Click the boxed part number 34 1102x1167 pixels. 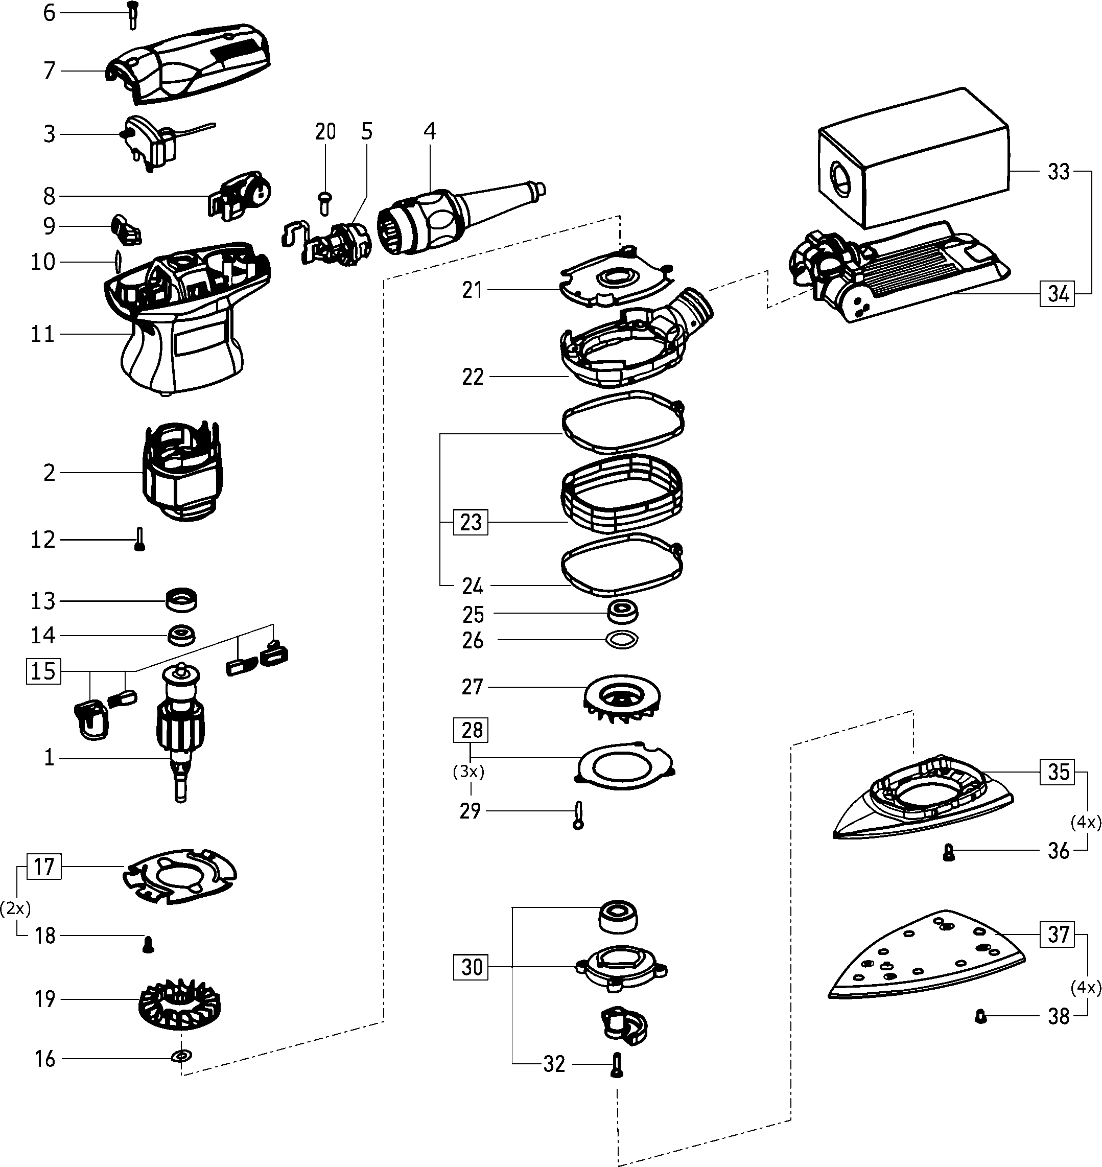click(x=1058, y=293)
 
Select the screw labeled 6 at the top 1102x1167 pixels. click(x=132, y=15)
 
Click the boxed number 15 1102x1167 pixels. click(x=43, y=671)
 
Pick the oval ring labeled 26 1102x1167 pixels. click(x=621, y=639)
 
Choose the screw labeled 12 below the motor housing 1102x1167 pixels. click(x=139, y=540)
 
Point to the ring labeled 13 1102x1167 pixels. click(x=181, y=600)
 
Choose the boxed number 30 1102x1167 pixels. click(x=471, y=967)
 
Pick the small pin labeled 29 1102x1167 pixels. click(x=578, y=815)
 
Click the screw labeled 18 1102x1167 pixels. click(x=148, y=945)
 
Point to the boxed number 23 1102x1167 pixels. click(x=471, y=521)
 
